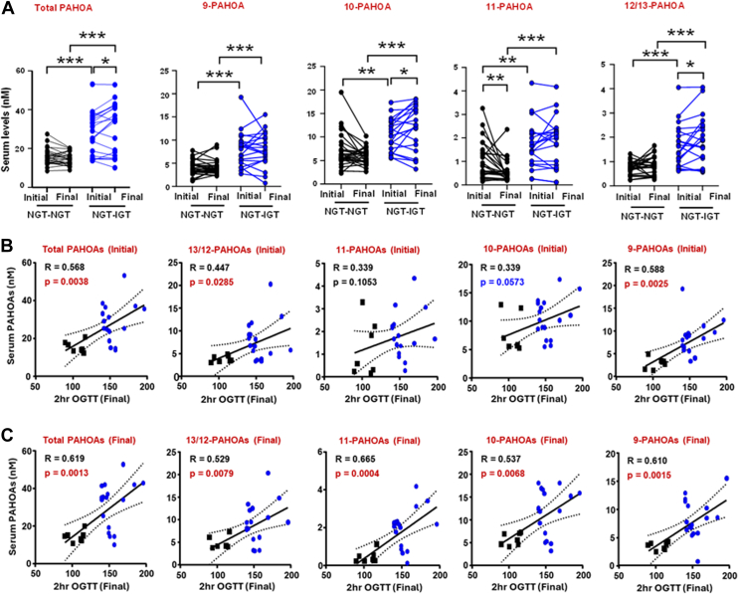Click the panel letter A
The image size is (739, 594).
click(x=9, y=9)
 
